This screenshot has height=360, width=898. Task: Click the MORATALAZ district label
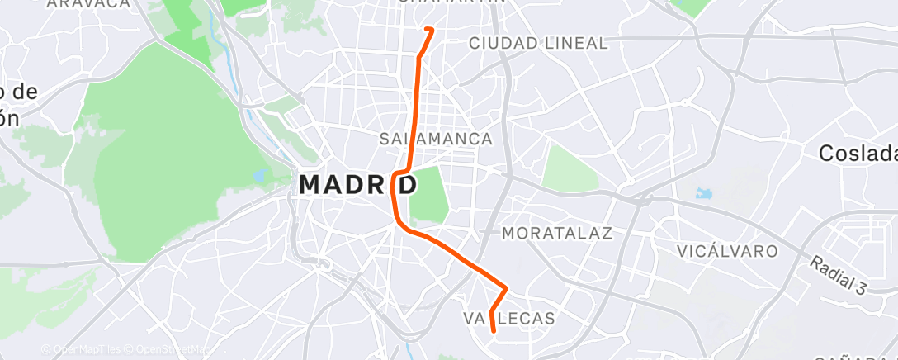(x=557, y=234)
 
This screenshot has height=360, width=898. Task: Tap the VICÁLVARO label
(x=727, y=250)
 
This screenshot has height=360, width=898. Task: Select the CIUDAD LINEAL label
(x=537, y=42)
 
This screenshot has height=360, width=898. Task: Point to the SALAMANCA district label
(x=436, y=139)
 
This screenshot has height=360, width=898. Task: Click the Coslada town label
(x=857, y=154)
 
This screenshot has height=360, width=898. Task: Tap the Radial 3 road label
(x=838, y=275)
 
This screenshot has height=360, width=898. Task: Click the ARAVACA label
(x=88, y=4)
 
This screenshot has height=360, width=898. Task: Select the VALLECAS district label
(x=508, y=318)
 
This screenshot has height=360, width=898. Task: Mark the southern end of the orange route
(x=494, y=330)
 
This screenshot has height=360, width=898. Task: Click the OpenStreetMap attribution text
(x=168, y=350)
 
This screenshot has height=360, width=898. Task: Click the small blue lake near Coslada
(x=704, y=194)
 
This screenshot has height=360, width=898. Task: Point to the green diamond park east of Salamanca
(x=570, y=168)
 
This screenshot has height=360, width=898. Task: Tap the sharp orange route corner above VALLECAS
(x=505, y=288)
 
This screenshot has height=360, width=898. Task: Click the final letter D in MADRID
(x=407, y=185)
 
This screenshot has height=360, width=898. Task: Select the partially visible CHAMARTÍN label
(x=451, y=2)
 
